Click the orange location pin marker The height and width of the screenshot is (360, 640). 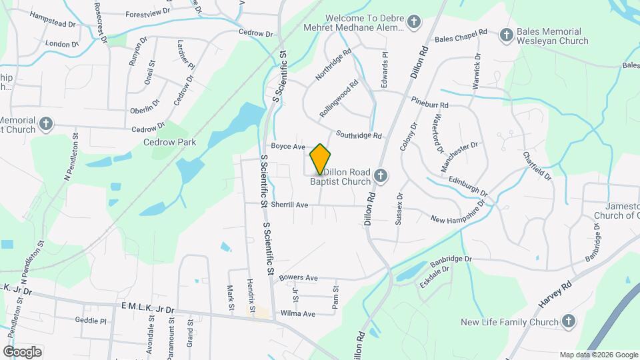tap(320, 159)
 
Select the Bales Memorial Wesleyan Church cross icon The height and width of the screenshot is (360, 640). tap(507, 35)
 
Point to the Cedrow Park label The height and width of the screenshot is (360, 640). tap(164, 142)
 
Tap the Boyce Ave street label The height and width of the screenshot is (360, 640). tap(288, 146)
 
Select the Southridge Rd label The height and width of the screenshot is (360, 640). tap(359, 135)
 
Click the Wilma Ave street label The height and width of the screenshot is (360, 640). tap(298, 313)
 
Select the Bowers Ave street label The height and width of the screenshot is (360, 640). tap(299, 277)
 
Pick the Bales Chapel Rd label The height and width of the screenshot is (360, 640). tap(461, 39)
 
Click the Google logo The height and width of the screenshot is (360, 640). tap(22, 351)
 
